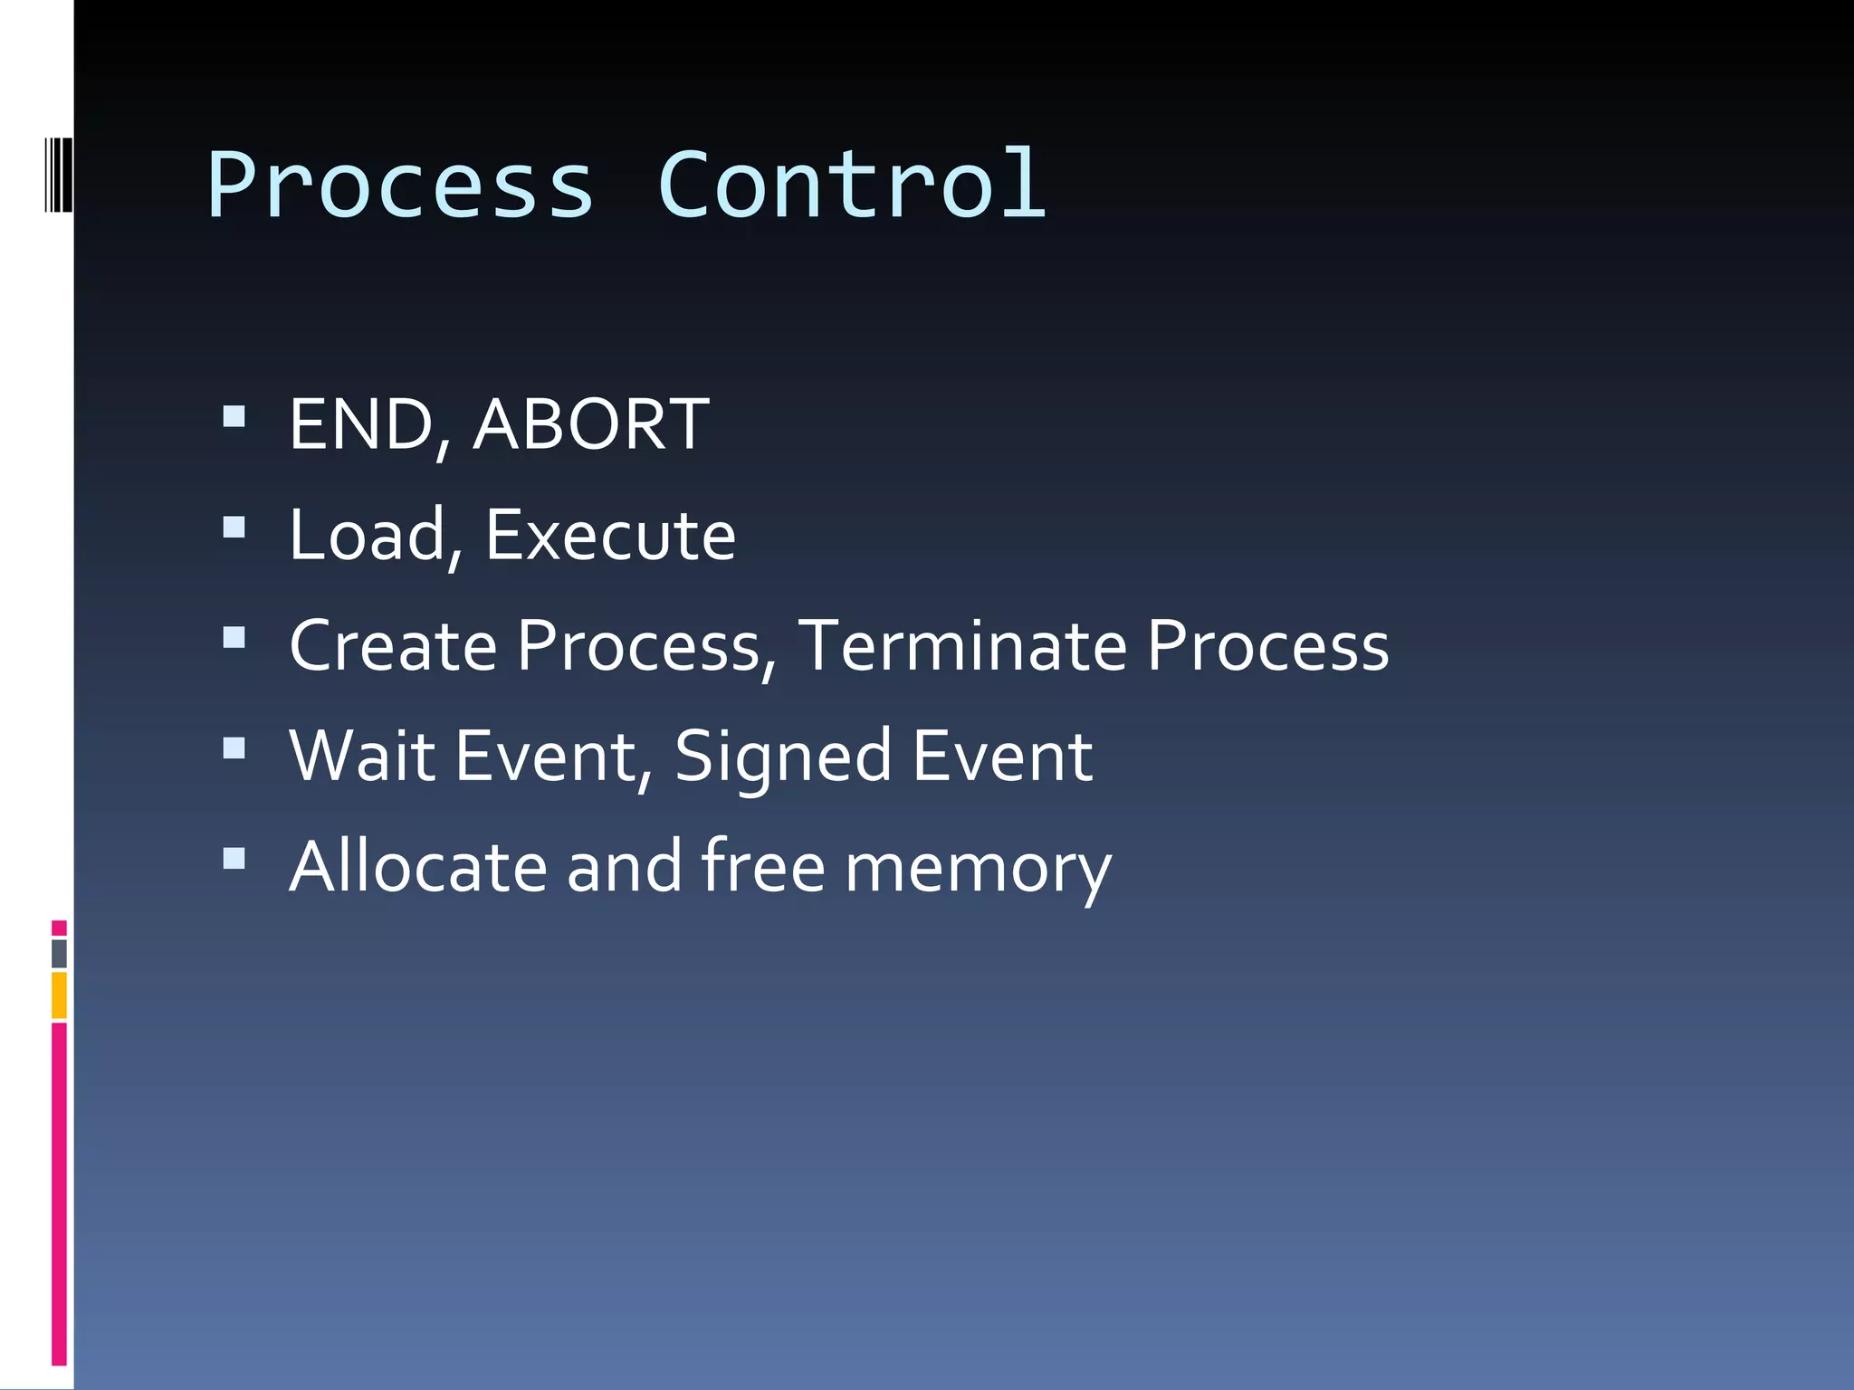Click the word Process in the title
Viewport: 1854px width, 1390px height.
400,186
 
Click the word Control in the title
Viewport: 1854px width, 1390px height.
851,186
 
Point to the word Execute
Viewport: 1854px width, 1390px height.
610,535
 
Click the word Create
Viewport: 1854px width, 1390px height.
393,646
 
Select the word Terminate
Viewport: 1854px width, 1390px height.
962,646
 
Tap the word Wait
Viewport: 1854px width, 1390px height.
361,757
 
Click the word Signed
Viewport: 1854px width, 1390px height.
783,758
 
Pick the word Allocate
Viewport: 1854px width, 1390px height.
418,867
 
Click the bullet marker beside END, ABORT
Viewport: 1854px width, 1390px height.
234,416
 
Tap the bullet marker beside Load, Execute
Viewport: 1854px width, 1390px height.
234,528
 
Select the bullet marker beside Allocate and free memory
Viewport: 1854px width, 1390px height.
234,859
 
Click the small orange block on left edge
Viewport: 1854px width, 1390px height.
59,995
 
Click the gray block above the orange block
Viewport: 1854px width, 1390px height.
59,953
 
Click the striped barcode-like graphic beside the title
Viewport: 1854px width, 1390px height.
59,174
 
